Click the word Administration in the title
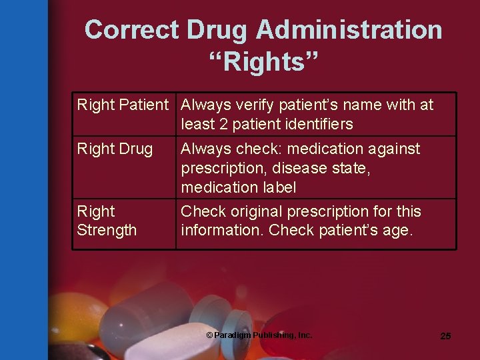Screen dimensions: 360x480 click(349, 30)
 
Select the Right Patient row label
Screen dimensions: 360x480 click(123, 105)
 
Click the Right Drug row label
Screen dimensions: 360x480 click(115, 149)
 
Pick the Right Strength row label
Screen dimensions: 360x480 click(107, 221)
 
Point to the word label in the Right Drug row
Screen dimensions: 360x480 click(278, 187)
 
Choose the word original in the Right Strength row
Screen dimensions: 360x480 click(257, 211)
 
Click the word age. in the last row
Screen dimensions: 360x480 click(399, 230)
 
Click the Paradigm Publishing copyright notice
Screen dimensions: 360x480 click(259, 335)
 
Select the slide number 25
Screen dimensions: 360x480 click(445, 336)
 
